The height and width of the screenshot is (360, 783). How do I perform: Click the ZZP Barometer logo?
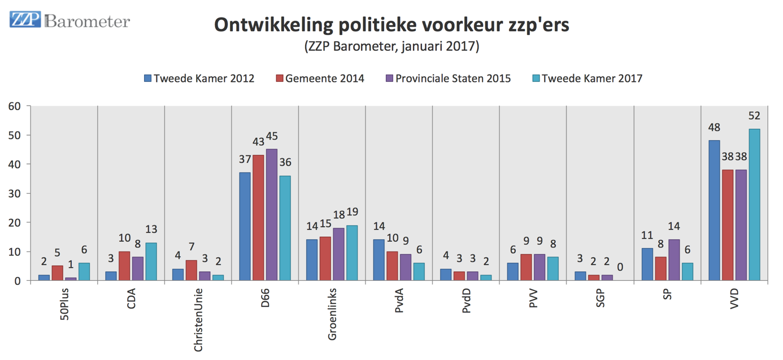tap(69, 21)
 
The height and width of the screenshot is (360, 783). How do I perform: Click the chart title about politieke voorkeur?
tap(391, 25)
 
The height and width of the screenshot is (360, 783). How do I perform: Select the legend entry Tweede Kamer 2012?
tap(199, 79)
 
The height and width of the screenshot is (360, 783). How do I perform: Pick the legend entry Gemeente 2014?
tap(320, 79)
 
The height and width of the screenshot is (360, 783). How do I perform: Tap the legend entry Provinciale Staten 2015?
tap(448, 79)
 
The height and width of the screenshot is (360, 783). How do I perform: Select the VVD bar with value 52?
tap(754, 205)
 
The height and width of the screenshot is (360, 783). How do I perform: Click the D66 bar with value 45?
tap(271, 215)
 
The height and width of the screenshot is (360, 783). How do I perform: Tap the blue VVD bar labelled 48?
tap(714, 210)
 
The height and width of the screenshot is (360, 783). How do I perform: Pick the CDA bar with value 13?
tap(151, 262)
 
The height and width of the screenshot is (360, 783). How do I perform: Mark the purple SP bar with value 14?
tap(674, 260)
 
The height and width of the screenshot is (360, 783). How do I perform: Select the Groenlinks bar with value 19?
tap(351, 253)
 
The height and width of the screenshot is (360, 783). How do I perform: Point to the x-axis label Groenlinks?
tap(332, 316)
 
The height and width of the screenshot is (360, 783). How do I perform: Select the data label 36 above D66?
tap(285, 162)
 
